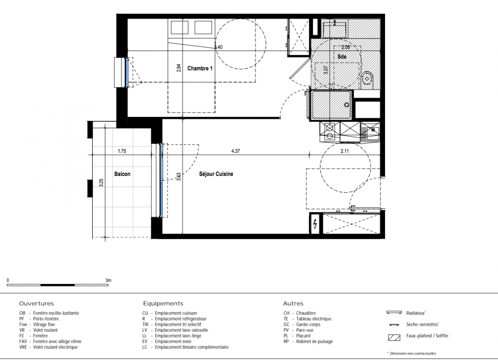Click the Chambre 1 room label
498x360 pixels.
200,68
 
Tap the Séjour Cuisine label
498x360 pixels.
216,174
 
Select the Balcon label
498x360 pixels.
122,174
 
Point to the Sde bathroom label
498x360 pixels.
342,57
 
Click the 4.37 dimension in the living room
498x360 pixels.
235,151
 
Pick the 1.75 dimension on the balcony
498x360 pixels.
122,151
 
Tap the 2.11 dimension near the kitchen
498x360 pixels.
344,151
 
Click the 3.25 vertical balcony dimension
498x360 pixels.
101,183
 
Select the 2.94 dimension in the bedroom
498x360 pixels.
179,68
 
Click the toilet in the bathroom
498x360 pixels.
367,77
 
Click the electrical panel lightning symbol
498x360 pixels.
315,224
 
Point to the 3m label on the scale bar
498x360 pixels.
109,280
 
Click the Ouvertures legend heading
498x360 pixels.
36,303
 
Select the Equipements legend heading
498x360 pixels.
163,303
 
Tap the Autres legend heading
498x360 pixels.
293,303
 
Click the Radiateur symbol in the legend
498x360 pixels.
394,313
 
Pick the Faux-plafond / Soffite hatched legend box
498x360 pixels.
394,337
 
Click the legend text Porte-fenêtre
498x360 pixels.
46,319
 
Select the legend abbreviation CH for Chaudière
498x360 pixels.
286,313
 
